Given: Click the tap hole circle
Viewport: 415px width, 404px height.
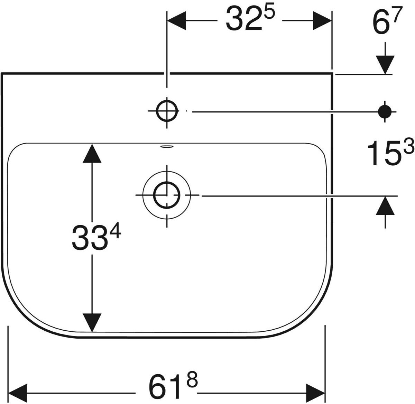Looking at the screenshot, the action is tap(167, 111).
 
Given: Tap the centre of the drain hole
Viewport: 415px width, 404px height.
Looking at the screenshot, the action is tap(167, 195).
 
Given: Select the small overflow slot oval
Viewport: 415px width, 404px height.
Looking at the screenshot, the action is tap(167, 147).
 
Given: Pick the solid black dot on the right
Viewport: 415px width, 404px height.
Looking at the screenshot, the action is tap(385, 112).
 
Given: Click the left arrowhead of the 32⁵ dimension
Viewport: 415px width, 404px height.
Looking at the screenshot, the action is tap(176, 21).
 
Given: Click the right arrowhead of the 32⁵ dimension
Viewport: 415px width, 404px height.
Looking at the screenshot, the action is tap(322, 21).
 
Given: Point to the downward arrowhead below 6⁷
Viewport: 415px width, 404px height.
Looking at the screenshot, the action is tap(385, 65).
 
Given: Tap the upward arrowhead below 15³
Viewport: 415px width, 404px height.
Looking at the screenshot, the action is tap(385, 205).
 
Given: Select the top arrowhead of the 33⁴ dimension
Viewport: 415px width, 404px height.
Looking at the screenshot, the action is tap(92, 153).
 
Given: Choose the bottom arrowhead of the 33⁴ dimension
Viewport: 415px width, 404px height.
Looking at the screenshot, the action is tap(92, 322).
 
